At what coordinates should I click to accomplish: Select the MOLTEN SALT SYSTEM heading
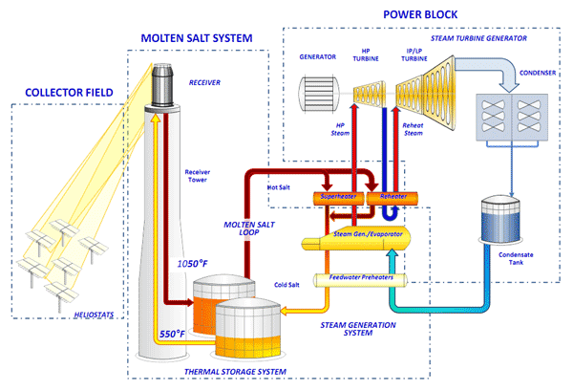tap(198, 38)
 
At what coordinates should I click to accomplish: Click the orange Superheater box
tap(336, 196)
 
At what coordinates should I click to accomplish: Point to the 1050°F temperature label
tap(193, 263)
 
